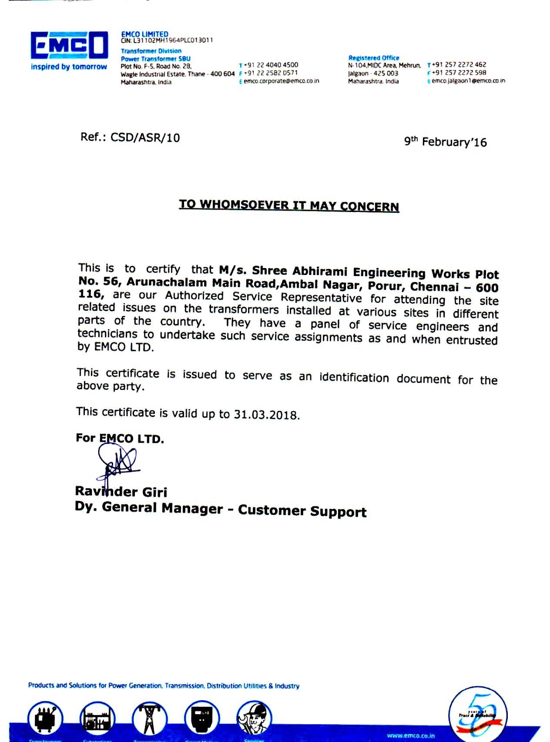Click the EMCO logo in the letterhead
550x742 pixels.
(x=69, y=45)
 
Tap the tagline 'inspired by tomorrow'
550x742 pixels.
(x=69, y=67)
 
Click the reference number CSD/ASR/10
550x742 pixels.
(x=145, y=138)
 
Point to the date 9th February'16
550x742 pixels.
(x=445, y=142)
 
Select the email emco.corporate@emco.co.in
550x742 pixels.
(x=281, y=81)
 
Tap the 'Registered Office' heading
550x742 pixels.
(x=373, y=58)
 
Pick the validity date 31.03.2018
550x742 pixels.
(x=266, y=414)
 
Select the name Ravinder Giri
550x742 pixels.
(x=121, y=492)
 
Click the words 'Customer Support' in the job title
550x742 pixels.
(x=302, y=511)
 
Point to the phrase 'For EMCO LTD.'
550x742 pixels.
(x=120, y=438)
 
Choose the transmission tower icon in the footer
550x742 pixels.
(x=149, y=719)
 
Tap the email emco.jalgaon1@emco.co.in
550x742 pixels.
(x=468, y=81)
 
